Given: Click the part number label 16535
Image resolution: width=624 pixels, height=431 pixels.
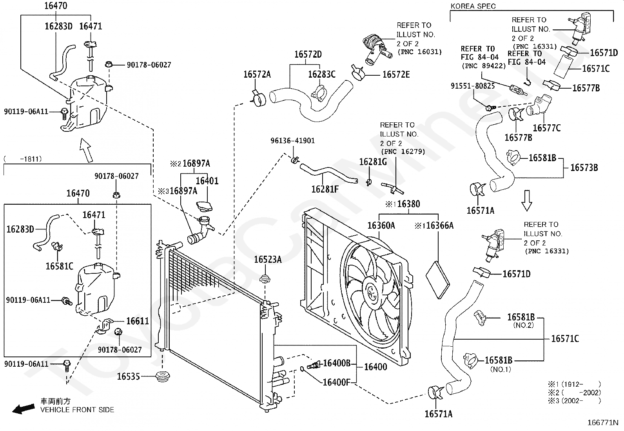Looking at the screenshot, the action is pyautogui.click(x=128, y=376).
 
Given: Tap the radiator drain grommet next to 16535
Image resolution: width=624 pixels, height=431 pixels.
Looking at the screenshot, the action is pyautogui.click(x=162, y=376).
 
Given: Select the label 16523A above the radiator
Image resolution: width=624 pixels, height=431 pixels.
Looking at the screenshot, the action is pyautogui.click(x=268, y=260).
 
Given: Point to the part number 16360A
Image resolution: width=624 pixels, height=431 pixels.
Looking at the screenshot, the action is pyautogui.click(x=381, y=225).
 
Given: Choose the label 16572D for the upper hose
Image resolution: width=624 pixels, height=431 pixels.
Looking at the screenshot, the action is pyautogui.click(x=308, y=55).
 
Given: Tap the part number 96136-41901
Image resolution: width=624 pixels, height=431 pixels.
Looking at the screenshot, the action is pyautogui.click(x=292, y=140).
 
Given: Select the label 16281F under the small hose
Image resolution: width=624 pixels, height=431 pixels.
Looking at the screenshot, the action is pyautogui.click(x=325, y=189).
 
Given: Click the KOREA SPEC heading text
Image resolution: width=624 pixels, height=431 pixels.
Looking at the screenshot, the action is pyautogui.click(x=473, y=6).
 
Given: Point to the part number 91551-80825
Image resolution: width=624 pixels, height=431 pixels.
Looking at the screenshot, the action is pyautogui.click(x=473, y=86).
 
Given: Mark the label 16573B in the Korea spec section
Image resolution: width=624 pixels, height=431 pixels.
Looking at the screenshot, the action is pyautogui.click(x=584, y=168).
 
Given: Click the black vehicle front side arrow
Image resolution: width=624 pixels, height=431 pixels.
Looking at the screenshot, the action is pyautogui.click(x=24, y=409).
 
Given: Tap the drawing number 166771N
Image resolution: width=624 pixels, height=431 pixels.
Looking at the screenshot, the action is pyautogui.click(x=603, y=422).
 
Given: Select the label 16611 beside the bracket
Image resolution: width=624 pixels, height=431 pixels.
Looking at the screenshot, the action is pyautogui.click(x=137, y=321).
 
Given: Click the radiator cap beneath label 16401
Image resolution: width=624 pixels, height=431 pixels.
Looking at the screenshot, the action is pyautogui.click(x=204, y=206).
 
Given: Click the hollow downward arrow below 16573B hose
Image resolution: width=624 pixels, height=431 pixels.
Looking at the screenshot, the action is pyautogui.click(x=526, y=200).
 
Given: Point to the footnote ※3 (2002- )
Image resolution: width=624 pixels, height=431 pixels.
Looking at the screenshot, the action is pyautogui.click(x=574, y=401).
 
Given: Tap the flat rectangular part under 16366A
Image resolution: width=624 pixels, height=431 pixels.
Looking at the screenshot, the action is pyautogui.click(x=438, y=280).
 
